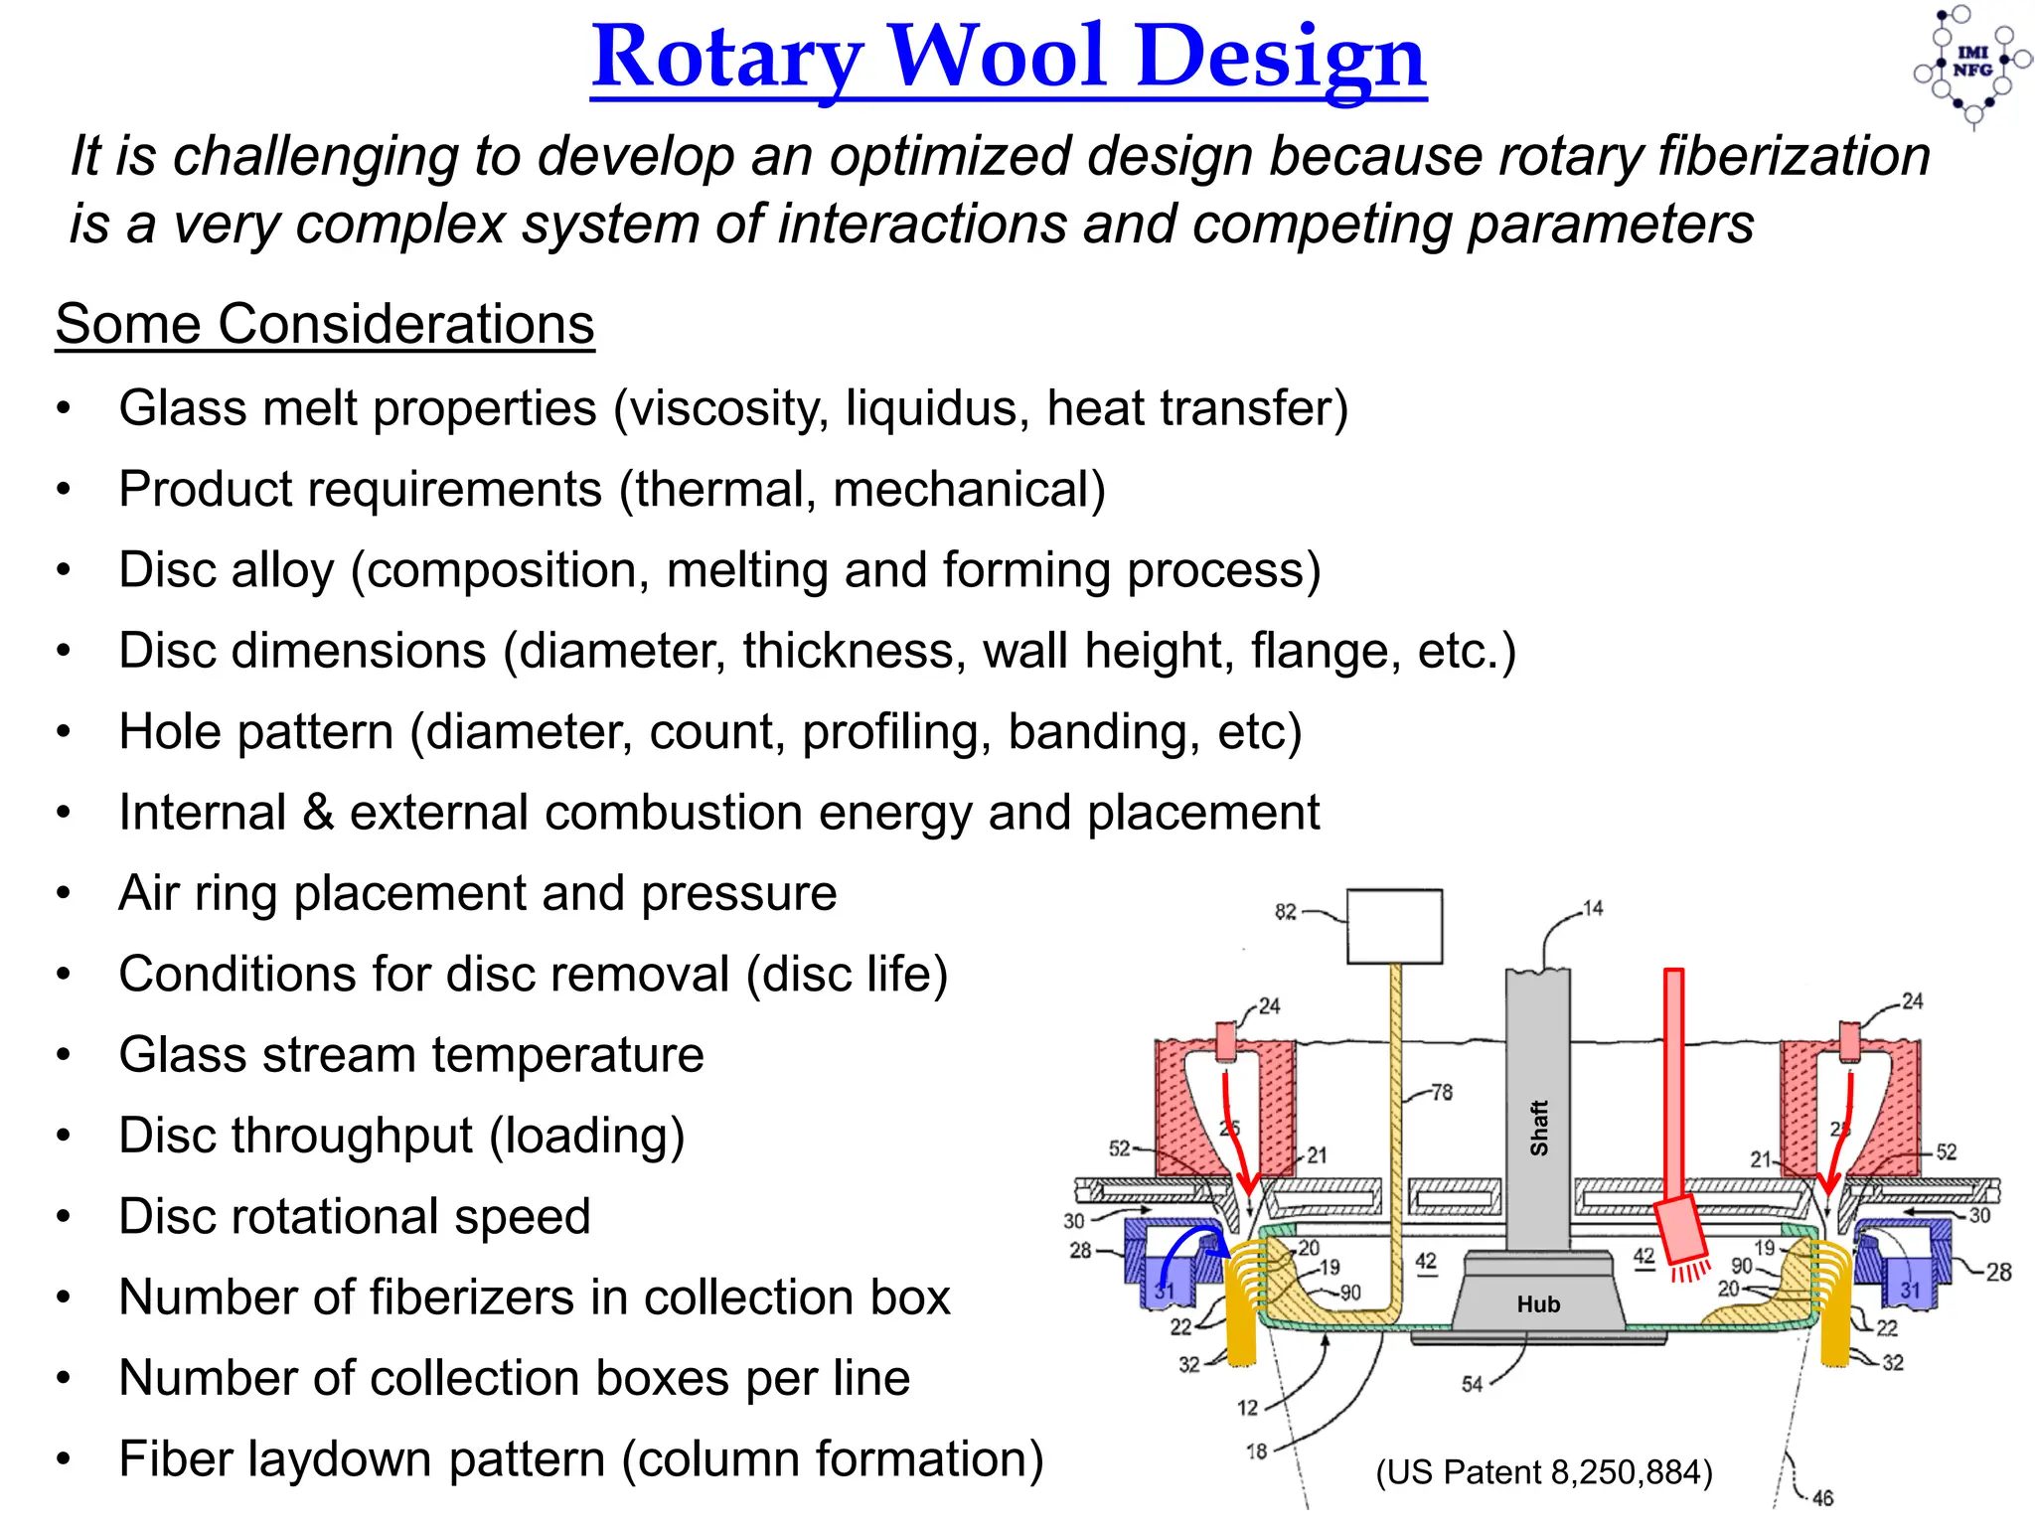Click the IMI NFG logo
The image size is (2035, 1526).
point(1971,64)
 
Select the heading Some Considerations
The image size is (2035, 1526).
point(325,324)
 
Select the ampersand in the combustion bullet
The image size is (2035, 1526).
point(318,813)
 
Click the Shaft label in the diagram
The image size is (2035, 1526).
point(1538,1127)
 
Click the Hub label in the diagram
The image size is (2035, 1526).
point(1537,1303)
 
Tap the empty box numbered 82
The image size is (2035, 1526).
point(1394,926)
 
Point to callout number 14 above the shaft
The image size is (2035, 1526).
point(1592,908)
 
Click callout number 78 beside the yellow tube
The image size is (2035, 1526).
point(1441,1093)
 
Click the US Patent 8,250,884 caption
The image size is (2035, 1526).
point(1543,1472)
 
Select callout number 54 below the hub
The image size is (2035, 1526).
point(1472,1384)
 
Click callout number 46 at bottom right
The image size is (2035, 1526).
point(1822,1497)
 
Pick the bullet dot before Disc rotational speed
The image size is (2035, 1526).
point(64,1217)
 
